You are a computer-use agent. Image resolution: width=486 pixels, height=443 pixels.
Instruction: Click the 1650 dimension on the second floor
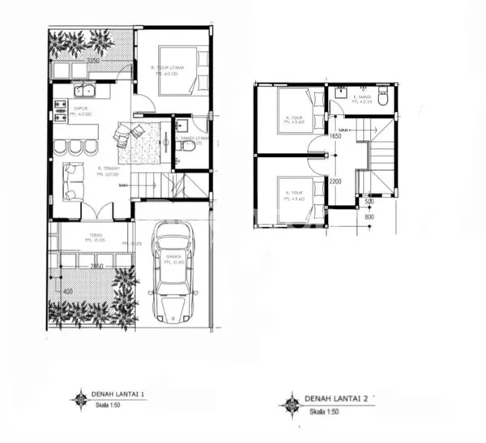coord(335,137)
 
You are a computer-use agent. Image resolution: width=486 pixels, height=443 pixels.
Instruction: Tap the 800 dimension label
coord(369,216)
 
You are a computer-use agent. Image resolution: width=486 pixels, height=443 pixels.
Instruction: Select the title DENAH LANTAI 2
coord(337,398)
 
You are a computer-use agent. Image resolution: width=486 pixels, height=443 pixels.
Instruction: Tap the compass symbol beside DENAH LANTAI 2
coord(288,401)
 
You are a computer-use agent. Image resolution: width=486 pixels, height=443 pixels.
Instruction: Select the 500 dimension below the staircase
coord(369,201)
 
